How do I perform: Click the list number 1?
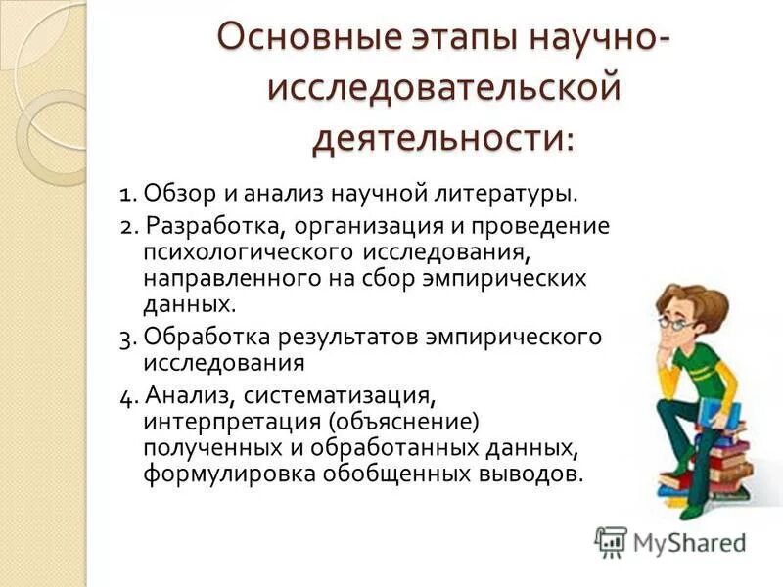[x=127, y=192]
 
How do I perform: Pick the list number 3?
[x=127, y=338]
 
